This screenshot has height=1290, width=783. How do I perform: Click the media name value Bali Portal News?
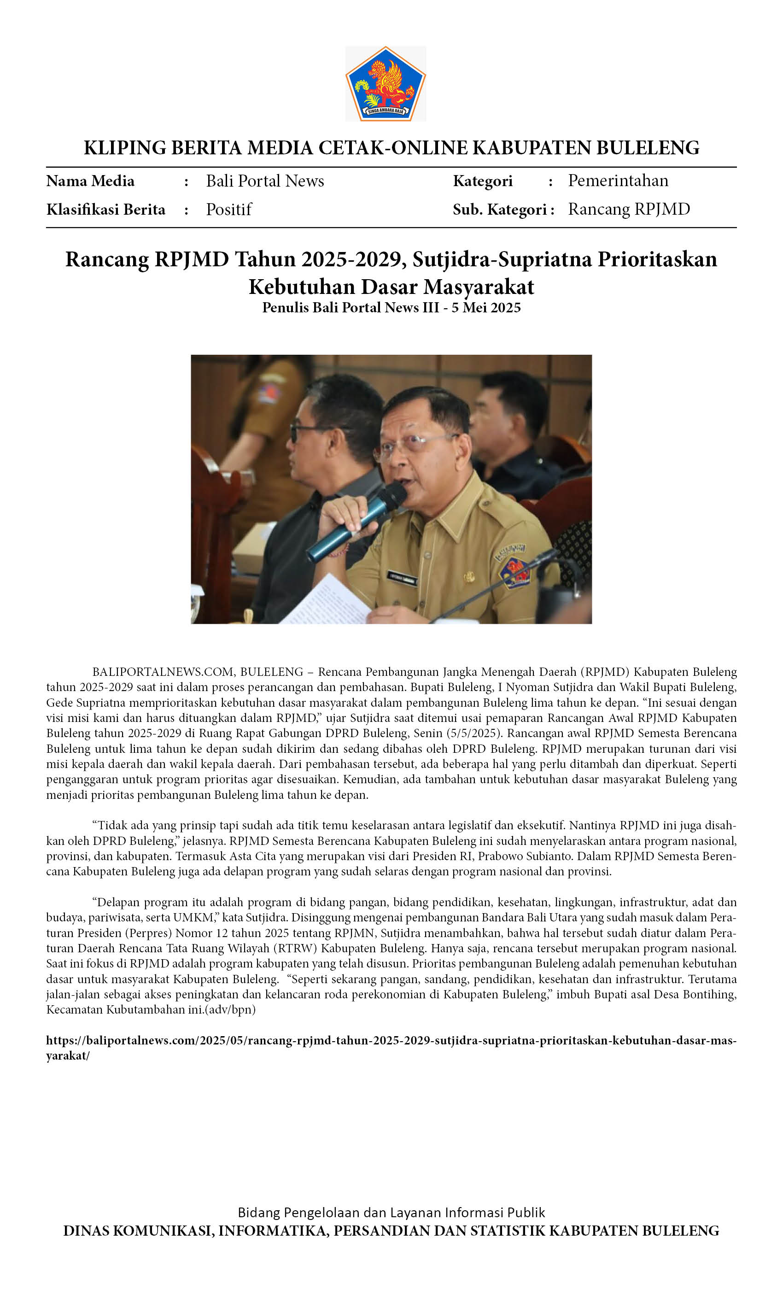pos(265,181)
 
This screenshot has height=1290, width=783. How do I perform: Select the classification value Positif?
pos(229,210)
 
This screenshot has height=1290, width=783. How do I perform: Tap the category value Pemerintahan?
pos(618,181)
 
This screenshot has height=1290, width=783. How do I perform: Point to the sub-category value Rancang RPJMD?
pos(629,210)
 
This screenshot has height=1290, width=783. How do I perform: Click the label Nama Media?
pos(90,181)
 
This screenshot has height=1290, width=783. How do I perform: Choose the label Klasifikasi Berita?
pos(106,210)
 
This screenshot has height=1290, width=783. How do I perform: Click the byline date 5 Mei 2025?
pos(486,308)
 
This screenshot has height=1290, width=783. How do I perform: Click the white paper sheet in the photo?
pos(327,601)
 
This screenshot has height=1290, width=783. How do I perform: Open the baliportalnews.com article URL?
pos(391,1041)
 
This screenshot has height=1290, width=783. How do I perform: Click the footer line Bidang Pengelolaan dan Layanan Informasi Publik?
pos(391,1213)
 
